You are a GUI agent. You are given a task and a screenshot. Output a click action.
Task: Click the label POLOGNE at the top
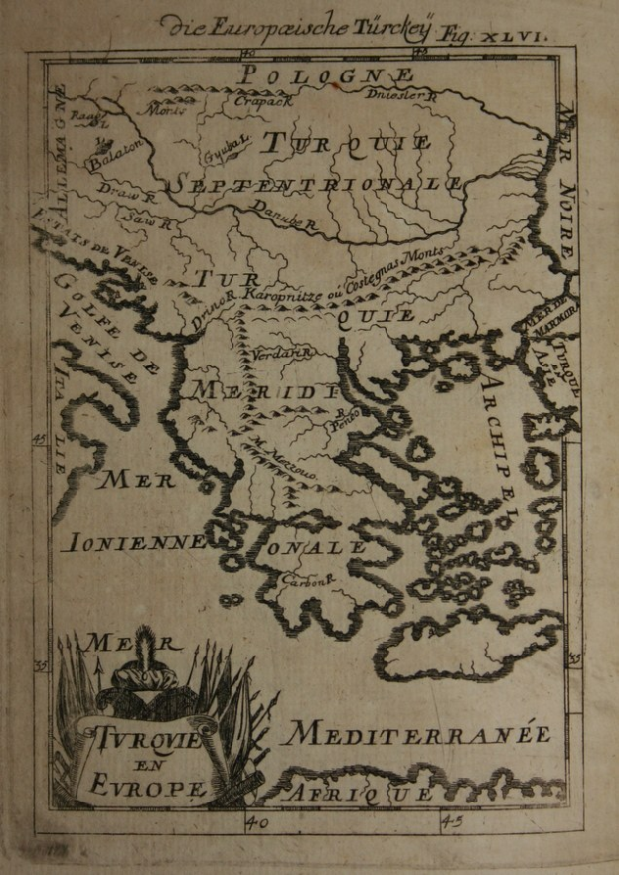[x=329, y=75]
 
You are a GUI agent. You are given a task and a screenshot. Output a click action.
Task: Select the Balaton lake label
[x=115, y=151]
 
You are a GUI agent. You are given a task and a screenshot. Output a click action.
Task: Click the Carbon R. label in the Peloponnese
[x=305, y=582]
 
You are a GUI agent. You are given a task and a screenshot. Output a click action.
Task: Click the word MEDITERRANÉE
[x=416, y=735]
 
